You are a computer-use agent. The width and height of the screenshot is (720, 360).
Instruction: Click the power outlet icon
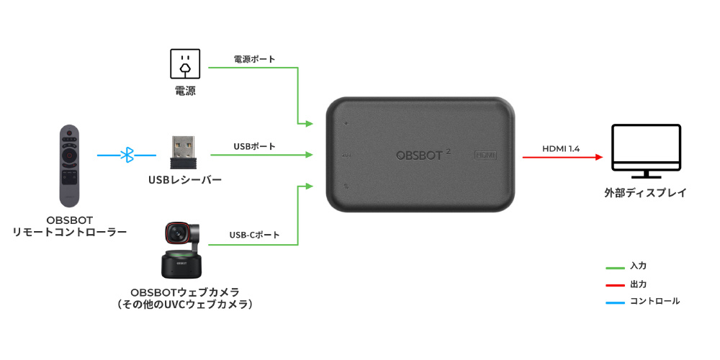pyautogui.click(x=185, y=64)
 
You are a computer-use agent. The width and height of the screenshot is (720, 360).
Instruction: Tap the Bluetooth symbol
pyautogui.click(x=127, y=156)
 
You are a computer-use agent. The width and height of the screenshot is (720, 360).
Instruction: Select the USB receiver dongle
pyautogui.click(x=183, y=153)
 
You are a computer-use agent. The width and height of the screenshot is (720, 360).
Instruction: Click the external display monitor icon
pyautogui.click(x=646, y=151)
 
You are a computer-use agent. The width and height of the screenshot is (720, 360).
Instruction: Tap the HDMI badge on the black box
pyautogui.click(x=485, y=156)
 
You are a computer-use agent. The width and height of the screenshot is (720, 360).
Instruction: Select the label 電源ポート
pyautogui.click(x=255, y=59)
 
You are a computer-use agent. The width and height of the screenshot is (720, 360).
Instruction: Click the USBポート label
pyautogui.click(x=255, y=146)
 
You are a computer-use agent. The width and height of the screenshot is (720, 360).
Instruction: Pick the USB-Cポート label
pyautogui.click(x=254, y=235)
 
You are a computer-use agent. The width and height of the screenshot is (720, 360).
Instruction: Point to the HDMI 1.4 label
pyautogui.click(x=561, y=148)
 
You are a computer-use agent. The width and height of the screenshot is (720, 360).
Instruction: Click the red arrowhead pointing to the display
pyautogui.click(x=599, y=157)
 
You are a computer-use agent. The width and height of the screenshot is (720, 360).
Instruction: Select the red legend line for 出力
pyautogui.click(x=616, y=285)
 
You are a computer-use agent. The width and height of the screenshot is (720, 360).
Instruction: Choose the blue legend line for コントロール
pyautogui.click(x=616, y=302)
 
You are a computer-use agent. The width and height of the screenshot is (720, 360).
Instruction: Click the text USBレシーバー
pyautogui.click(x=185, y=179)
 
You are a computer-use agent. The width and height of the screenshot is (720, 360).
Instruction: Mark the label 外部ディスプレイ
pyautogui.click(x=646, y=192)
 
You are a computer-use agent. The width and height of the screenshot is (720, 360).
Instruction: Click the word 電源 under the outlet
pyautogui.click(x=185, y=91)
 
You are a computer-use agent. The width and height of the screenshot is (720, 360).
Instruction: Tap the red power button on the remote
pyautogui.click(x=69, y=133)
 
